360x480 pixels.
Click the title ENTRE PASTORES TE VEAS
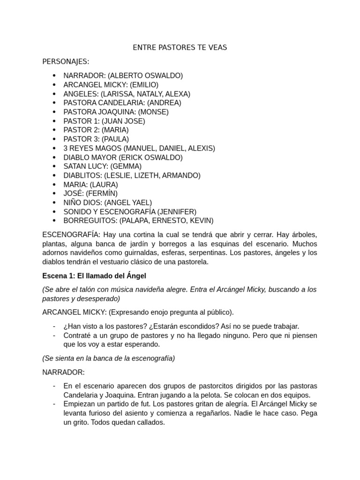tap(180, 48)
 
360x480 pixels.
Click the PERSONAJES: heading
tap(66, 61)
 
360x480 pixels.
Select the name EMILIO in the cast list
tap(144, 85)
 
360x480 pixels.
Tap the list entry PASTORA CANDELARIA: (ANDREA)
tap(122, 103)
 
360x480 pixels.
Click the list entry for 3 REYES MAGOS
tap(139, 148)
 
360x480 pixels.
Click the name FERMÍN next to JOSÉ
tap(104, 194)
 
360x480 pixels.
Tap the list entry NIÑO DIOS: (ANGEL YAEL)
tap(108, 202)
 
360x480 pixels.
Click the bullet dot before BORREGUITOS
tap(54, 221)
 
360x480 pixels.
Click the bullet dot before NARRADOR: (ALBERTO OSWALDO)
tap(54, 75)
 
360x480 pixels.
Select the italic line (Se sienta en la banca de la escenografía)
tap(108, 358)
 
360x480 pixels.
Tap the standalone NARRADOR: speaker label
tap(64, 372)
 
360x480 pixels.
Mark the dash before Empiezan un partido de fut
tap(54, 404)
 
